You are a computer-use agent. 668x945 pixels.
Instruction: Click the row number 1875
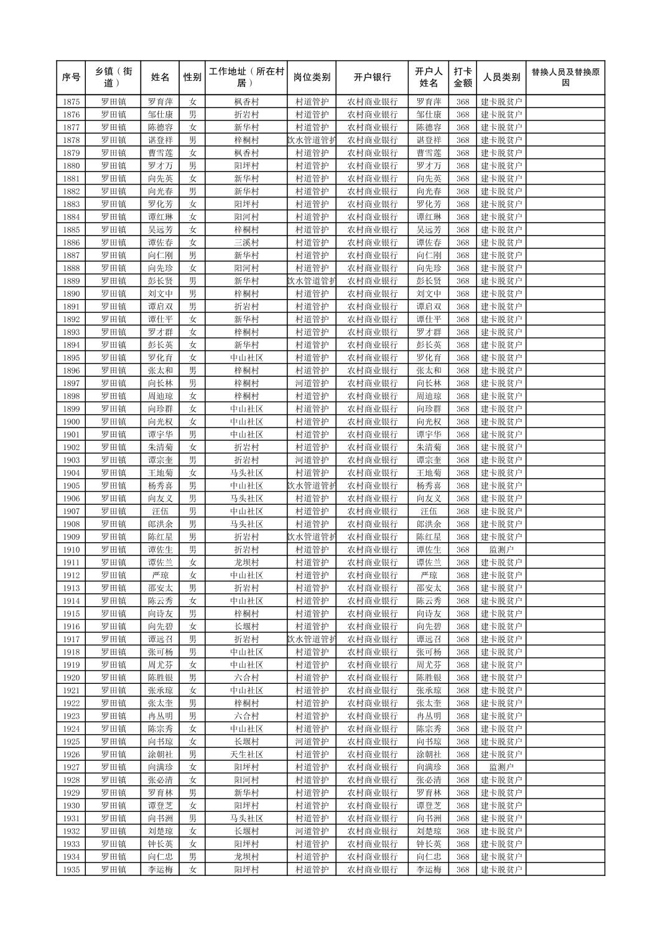point(72,102)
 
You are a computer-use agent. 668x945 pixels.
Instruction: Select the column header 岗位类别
point(312,78)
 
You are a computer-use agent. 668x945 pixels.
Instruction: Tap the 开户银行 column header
point(372,78)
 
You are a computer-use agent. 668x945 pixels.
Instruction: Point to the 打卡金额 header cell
point(462,78)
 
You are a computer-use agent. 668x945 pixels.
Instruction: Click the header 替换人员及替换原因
point(565,78)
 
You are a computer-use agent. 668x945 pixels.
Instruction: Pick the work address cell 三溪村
point(246,242)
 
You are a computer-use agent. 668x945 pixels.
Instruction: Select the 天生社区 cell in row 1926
point(246,754)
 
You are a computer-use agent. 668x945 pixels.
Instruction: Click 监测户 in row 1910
point(501,550)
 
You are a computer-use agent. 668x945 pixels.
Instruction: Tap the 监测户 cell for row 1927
point(501,767)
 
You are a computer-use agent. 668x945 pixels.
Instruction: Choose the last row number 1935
point(72,870)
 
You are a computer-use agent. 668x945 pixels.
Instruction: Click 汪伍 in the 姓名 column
point(160,511)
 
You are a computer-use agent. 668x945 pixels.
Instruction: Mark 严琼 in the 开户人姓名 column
point(429,575)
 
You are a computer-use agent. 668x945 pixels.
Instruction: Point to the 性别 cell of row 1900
point(192,422)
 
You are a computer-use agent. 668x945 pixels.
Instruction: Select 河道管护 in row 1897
point(312,383)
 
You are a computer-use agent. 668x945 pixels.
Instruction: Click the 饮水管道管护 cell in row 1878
point(312,141)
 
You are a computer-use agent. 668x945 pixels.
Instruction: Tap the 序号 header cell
point(72,78)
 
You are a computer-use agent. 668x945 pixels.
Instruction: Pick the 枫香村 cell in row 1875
point(246,102)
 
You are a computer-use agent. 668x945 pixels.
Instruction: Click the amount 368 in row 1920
point(462,678)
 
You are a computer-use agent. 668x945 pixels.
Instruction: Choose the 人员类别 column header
point(501,78)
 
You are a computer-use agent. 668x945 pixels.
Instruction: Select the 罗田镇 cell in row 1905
point(113,486)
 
